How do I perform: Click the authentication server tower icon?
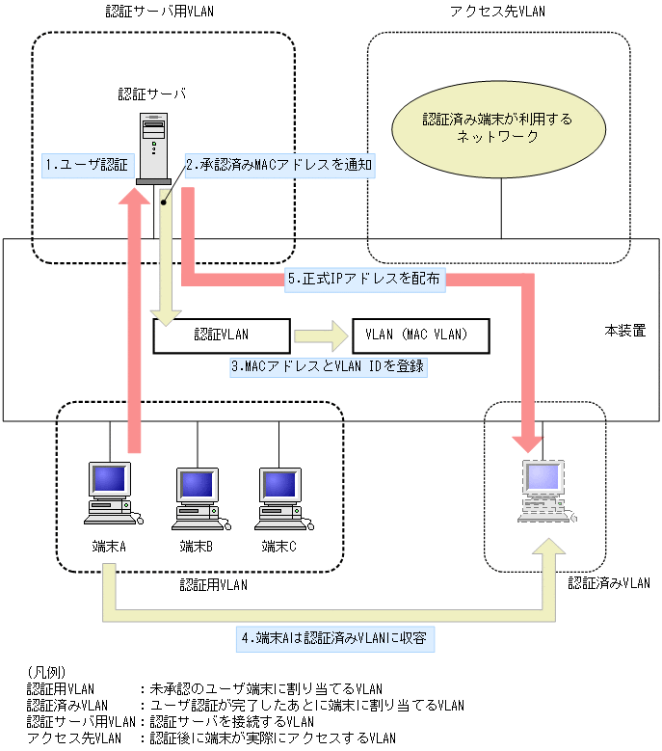click(152, 148)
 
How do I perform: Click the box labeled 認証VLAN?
click(222, 335)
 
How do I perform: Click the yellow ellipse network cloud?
click(499, 128)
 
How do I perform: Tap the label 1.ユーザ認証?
click(86, 165)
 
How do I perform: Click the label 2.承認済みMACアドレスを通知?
click(279, 165)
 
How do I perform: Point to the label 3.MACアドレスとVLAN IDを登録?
click(329, 366)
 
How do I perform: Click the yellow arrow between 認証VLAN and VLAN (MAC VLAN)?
click(321, 335)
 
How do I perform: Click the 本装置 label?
click(624, 330)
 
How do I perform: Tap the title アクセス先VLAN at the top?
click(497, 12)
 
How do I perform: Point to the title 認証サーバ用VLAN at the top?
click(161, 12)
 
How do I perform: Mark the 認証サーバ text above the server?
click(152, 94)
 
